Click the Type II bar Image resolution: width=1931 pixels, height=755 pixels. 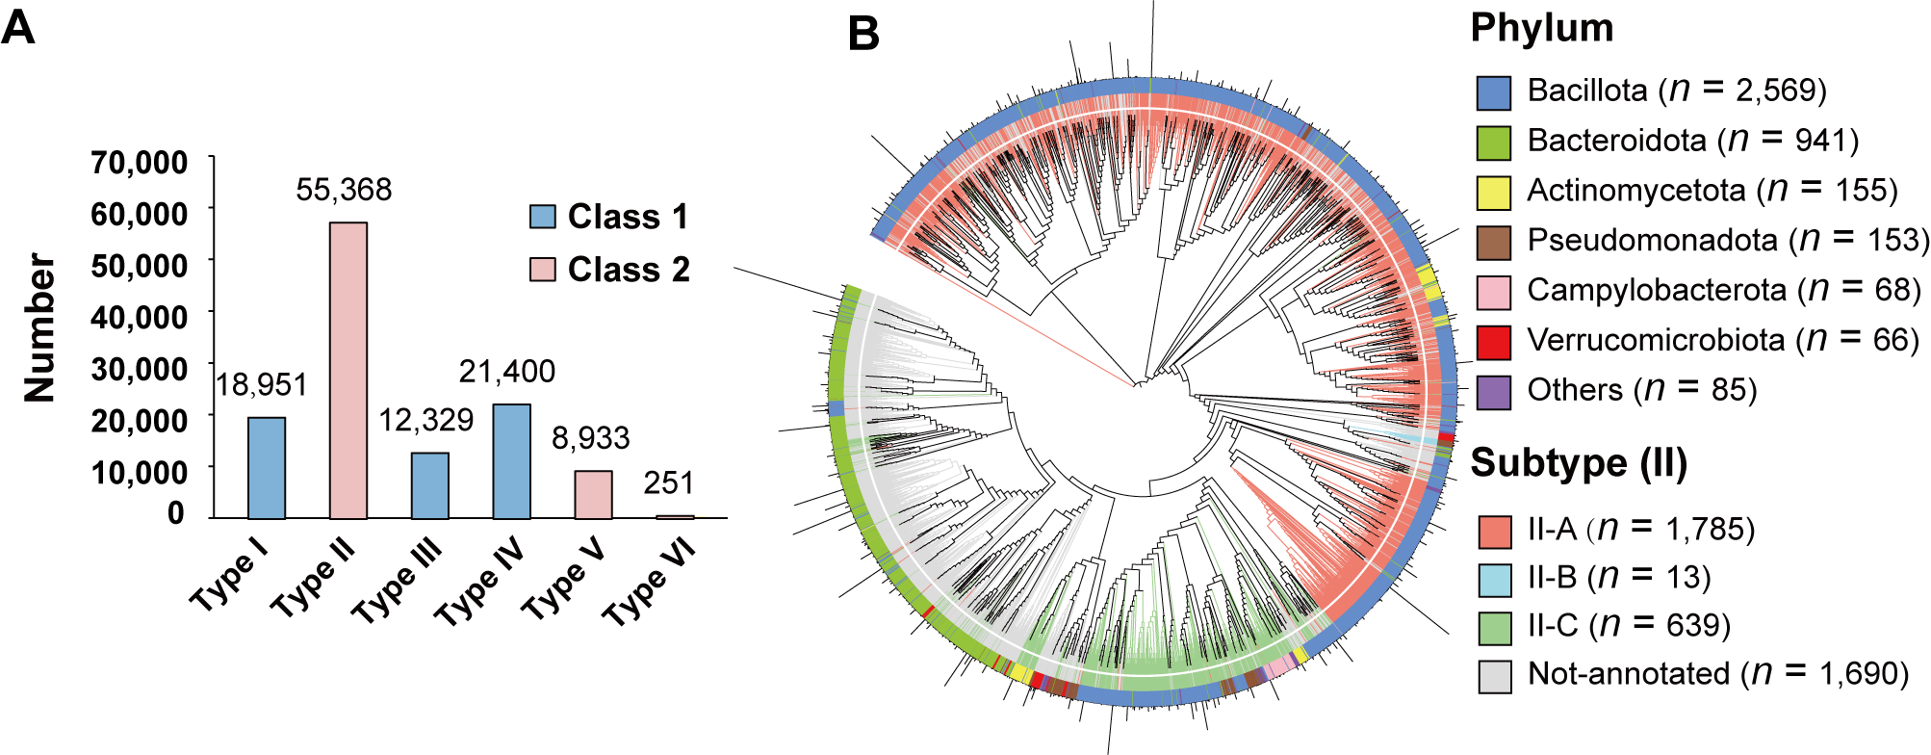(348, 371)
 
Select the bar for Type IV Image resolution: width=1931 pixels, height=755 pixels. (511, 461)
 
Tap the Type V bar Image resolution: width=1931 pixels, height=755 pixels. (593, 494)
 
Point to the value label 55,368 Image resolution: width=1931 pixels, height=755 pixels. (344, 190)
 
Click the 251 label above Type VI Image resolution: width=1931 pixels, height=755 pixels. (668, 482)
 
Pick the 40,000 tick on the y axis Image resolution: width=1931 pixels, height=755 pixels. (139, 317)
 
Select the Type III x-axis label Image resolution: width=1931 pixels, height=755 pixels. (398, 579)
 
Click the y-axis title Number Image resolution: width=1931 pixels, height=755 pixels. (40, 327)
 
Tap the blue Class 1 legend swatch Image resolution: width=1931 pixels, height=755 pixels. (543, 217)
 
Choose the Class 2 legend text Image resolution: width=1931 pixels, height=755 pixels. (629, 270)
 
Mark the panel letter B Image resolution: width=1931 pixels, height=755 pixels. (863, 35)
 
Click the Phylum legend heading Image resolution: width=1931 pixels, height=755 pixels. (1541, 28)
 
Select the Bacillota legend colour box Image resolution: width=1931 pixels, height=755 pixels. (1493, 92)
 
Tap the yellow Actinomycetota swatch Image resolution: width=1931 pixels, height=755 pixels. (1493, 192)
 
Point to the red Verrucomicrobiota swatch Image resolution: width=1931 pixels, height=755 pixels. (1493, 341)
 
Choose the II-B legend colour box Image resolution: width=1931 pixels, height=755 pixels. (1495, 579)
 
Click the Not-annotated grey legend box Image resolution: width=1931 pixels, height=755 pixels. (1495, 676)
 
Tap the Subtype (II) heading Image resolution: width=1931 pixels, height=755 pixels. (1579, 463)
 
